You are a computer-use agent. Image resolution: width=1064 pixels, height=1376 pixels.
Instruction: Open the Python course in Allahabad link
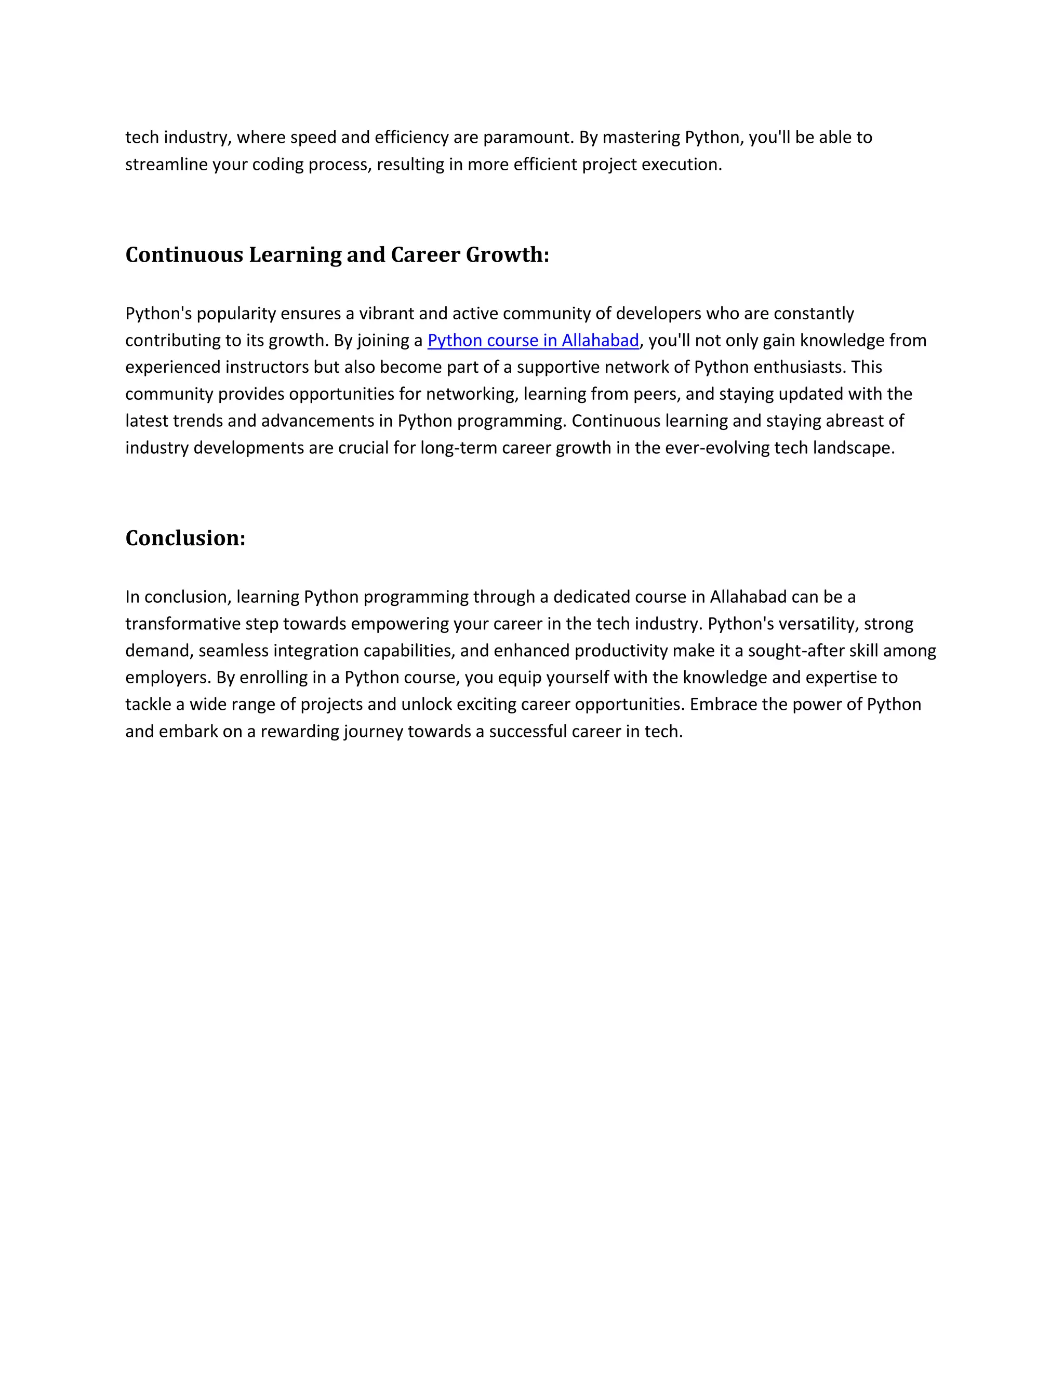tap(533, 340)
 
